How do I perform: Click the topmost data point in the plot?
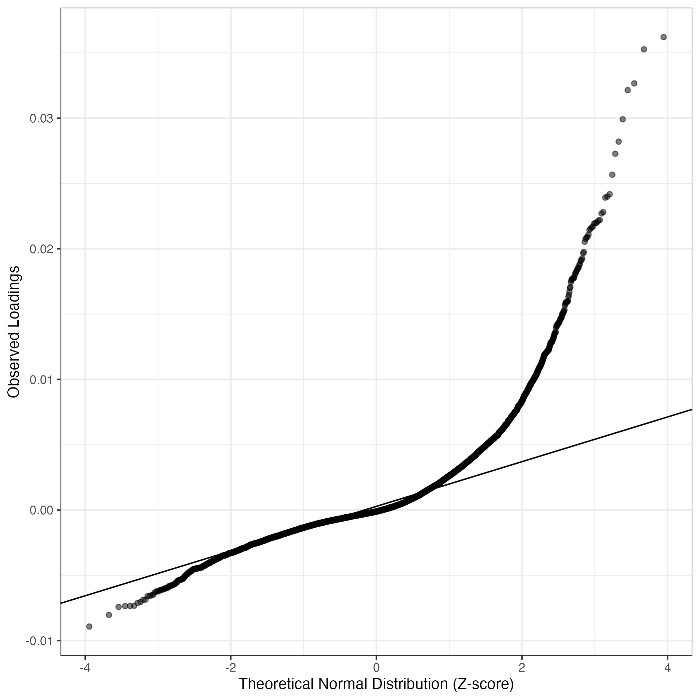(x=663, y=37)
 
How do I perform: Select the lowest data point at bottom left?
(x=89, y=626)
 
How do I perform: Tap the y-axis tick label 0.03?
(x=41, y=118)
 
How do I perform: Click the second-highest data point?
(x=644, y=49)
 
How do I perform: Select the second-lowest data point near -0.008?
(x=109, y=615)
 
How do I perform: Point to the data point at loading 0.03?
(x=623, y=119)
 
